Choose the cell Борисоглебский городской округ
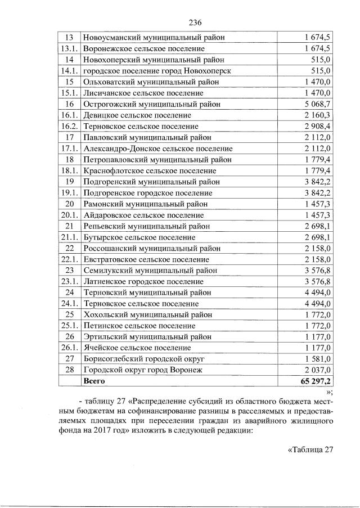tap(143, 359)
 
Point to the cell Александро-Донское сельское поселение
tap(157, 149)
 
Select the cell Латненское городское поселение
tap(143, 281)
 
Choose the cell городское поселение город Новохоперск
tap(157, 71)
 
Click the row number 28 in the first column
tap(70, 370)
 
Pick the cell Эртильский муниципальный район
tap(147, 337)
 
